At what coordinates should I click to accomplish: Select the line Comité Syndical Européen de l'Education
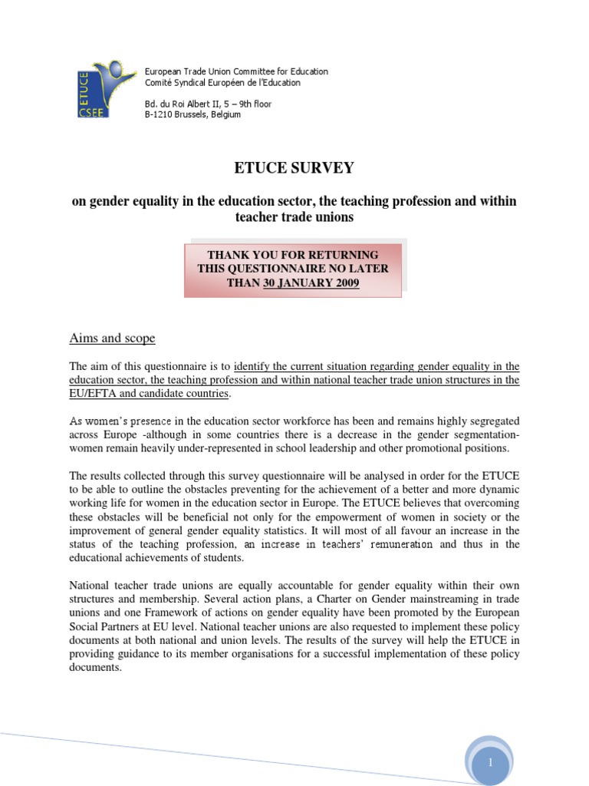pos(222,82)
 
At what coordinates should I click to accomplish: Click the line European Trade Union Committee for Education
pos(236,71)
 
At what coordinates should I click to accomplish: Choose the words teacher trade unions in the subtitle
pos(294,216)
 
